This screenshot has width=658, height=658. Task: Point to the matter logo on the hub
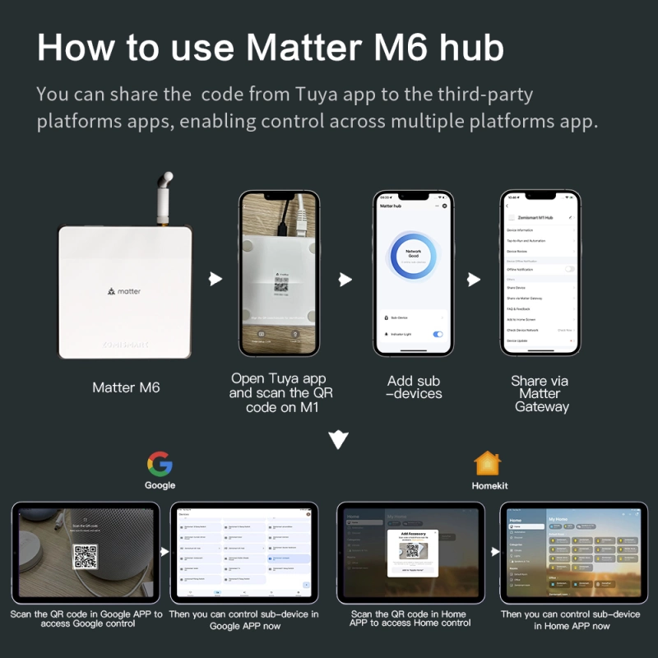(x=124, y=291)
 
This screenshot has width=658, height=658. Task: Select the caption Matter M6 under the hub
(x=125, y=387)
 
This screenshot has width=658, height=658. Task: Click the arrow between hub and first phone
(x=215, y=280)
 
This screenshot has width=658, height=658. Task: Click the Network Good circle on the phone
(x=414, y=257)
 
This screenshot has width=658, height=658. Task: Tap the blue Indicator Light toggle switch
(x=438, y=334)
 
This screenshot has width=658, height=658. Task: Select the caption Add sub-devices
(x=414, y=387)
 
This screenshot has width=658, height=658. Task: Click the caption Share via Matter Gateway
(x=540, y=393)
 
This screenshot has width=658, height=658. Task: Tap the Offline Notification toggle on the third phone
(x=569, y=270)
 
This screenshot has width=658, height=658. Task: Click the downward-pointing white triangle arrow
(x=338, y=440)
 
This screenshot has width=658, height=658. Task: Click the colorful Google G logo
(x=160, y=464)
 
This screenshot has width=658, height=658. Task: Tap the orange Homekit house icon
(x=488, y=463)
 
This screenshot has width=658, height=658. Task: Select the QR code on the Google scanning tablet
(x=86, y=557)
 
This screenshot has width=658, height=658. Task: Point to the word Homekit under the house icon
(x=489, y=486)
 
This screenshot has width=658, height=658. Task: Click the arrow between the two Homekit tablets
(x=492, y=553)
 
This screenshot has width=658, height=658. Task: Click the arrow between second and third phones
(x=473, y=280)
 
